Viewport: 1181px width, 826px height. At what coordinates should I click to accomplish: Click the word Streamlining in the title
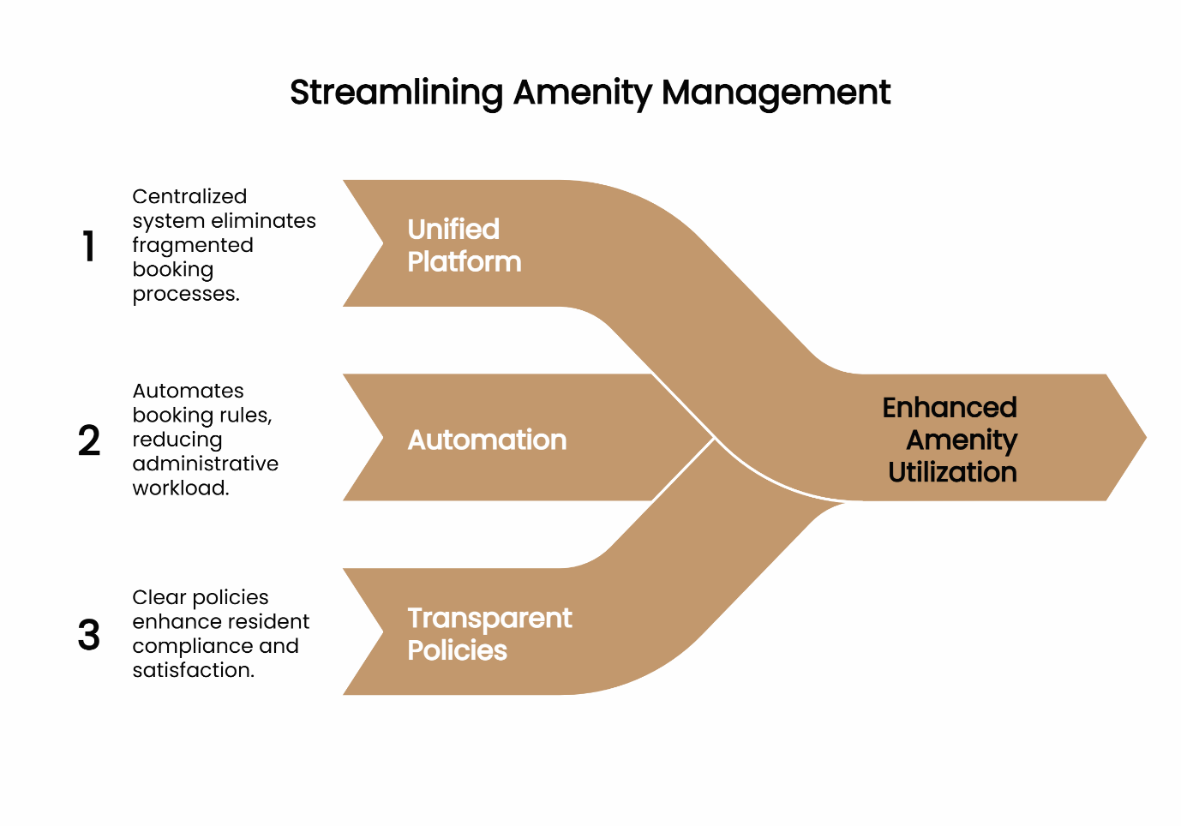tap(396, 93)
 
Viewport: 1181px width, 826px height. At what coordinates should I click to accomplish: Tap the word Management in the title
tap(776, 93)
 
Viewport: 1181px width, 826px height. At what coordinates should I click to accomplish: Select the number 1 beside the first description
tap(88, 246)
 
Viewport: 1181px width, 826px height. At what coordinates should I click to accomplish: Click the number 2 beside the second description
tap(89, 440)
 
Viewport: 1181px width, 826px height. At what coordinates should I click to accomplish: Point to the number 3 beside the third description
tap(89, 635)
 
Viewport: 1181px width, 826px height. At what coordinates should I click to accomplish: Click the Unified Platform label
tap(464, 245)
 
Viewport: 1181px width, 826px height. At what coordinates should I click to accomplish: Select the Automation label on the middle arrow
tap(487, 440)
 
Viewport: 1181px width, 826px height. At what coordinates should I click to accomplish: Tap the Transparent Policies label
tap(489, 634)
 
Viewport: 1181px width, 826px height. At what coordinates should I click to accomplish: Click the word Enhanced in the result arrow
tap(950, 407)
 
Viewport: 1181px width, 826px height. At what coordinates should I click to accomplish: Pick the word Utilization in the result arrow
tap(952, 472)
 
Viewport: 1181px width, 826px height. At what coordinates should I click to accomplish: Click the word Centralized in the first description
tap(189, 196)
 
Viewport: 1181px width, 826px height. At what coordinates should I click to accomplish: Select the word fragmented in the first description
tap(193, 245)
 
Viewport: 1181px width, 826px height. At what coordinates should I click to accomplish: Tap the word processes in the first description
tap(185, 294)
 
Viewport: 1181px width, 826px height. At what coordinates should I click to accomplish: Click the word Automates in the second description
tap(189, 391)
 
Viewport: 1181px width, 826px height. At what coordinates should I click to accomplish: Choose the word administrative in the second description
tap(206, 464)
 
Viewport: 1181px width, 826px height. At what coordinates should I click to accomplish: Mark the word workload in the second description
tap(180, 488)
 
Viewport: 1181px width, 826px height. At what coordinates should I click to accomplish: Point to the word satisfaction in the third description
tap(193, 670)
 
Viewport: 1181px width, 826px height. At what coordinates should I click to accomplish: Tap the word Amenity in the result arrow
tap(962, 440)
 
